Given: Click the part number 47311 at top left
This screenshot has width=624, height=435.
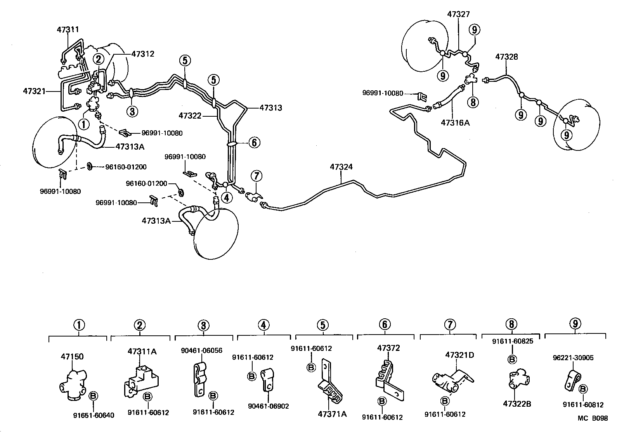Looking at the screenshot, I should (x=68, y=29).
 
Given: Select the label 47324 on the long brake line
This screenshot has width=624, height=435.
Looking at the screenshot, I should (x=341, y=167).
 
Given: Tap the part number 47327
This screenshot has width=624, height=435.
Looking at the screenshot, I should (x=458, y=14).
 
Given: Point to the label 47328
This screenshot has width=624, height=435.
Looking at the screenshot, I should (x=506, y=57).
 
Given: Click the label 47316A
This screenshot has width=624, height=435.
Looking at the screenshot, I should (x=455, y=123).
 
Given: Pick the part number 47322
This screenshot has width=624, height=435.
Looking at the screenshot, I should (x=190, y=116).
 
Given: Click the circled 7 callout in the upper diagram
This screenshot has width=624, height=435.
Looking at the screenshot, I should (x=257, y=176).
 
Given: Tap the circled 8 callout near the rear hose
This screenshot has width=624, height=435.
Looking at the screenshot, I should (x=473, y=102).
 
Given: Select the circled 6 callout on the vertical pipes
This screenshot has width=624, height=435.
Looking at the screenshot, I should (x=253, y=143).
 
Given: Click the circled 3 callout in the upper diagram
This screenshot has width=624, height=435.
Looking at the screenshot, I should (x=132, y=112).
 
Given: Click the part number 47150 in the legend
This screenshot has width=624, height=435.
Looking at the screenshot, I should (x=72, y=356).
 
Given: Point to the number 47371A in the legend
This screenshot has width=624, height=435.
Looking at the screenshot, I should (x=332, y=414).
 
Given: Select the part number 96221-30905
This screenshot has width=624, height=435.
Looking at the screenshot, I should (x=574, y=358).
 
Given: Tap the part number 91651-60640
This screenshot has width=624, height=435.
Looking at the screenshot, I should (x=94, y=415).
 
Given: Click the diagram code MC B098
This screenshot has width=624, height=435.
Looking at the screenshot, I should (x=593, y=418).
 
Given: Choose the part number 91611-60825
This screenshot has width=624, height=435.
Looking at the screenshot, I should (x=512, y=342).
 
